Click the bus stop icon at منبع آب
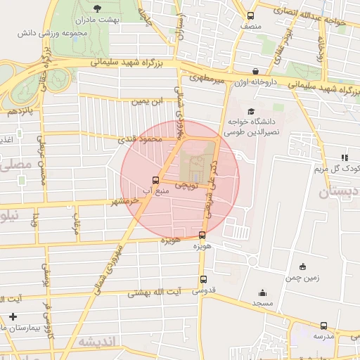(x=156, y=179)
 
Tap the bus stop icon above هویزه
(x=202, y=236)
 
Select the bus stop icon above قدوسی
(x=202, y=278)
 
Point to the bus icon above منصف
(x=251, y=15)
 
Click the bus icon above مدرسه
(x=323, y=326)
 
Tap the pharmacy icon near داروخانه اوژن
(x=255, y=71)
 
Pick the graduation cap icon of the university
(x=250, y=111)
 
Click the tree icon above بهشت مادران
(x=96, y=9)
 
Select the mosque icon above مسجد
(x=263, y=293)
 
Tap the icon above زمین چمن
(x=302, y=266)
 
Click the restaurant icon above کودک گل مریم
(x=344, y=157)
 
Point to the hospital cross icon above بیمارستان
(x=12, y=318)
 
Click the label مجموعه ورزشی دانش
(x=79, y=34)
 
